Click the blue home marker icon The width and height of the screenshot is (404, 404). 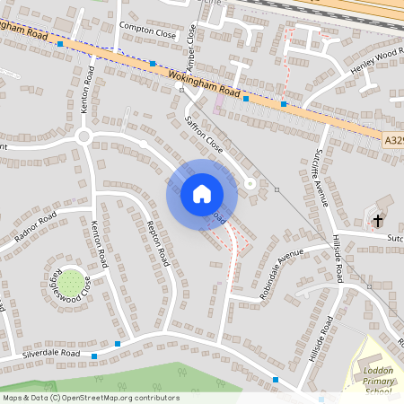tap(202, 194)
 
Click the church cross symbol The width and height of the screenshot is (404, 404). tap(378, 220)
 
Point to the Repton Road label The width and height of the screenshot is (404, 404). tap(158, 242)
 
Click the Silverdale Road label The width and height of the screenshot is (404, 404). tap(52, 356)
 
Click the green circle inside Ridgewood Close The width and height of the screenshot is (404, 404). tap(73, 280)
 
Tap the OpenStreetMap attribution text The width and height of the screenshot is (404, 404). tap(91, 398)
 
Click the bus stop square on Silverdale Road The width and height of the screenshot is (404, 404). tap(118, 343)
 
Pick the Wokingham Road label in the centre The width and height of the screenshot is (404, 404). tap(205, 84)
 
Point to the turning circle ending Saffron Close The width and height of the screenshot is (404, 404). tap(250, 184)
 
